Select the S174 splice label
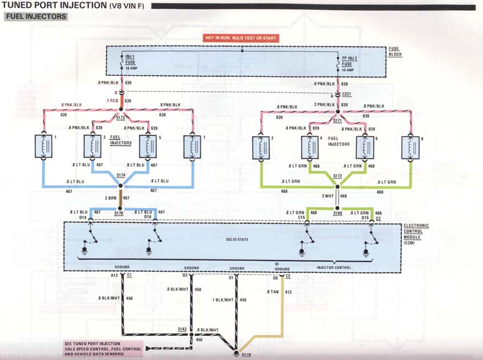coord(121,175)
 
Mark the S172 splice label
coord(337,176)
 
